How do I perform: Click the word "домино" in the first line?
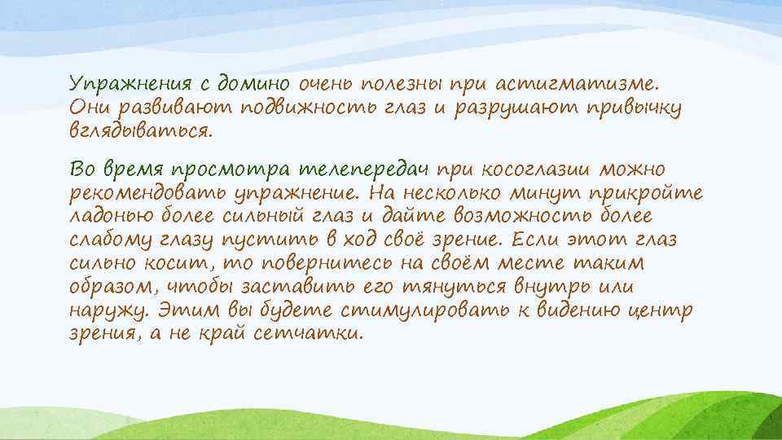point(251,84)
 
